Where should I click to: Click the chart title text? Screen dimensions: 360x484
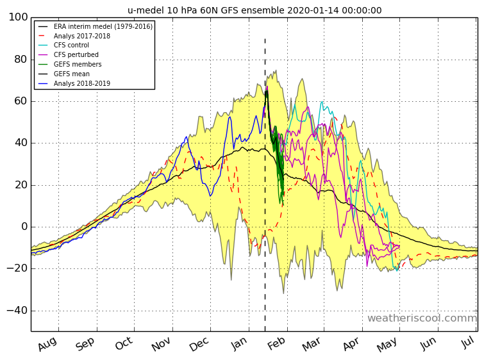point(255,10)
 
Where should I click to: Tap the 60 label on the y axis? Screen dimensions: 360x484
point(20,101)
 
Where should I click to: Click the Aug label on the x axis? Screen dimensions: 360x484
point(47,345)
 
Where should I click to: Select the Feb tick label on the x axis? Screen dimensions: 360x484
point(278,345)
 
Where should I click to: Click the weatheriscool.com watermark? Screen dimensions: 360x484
point(422,318)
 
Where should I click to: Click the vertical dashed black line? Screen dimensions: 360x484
point(265,192)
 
